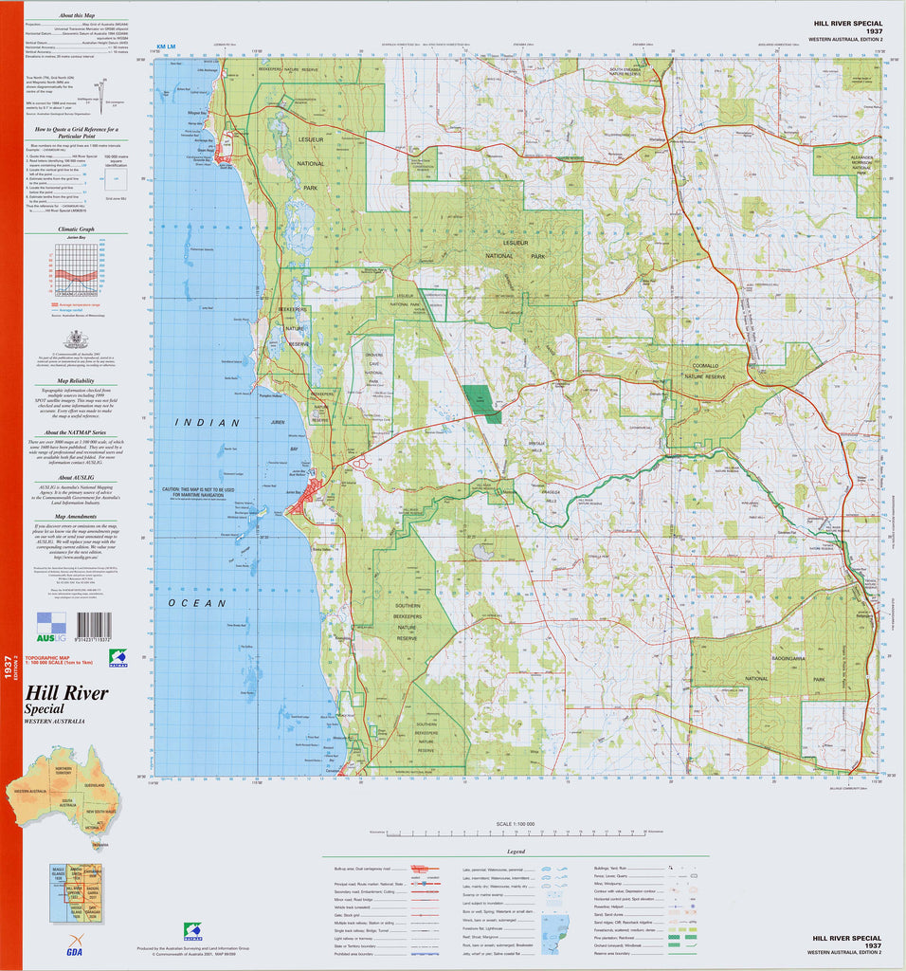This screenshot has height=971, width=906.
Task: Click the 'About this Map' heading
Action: click(76, 16)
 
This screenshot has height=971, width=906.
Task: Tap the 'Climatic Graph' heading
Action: click(76, 229)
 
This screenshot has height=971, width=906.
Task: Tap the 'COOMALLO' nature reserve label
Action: click(706, 365)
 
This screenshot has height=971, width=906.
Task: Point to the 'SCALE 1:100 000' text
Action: click(516, 823)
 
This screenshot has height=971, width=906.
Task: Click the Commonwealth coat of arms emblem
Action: click(76, 339)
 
